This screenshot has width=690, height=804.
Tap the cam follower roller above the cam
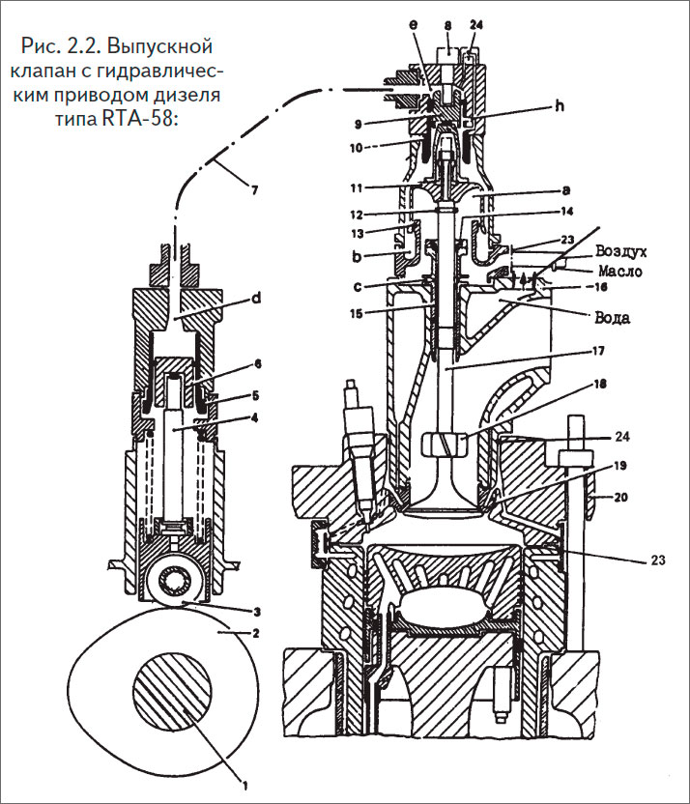181,583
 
